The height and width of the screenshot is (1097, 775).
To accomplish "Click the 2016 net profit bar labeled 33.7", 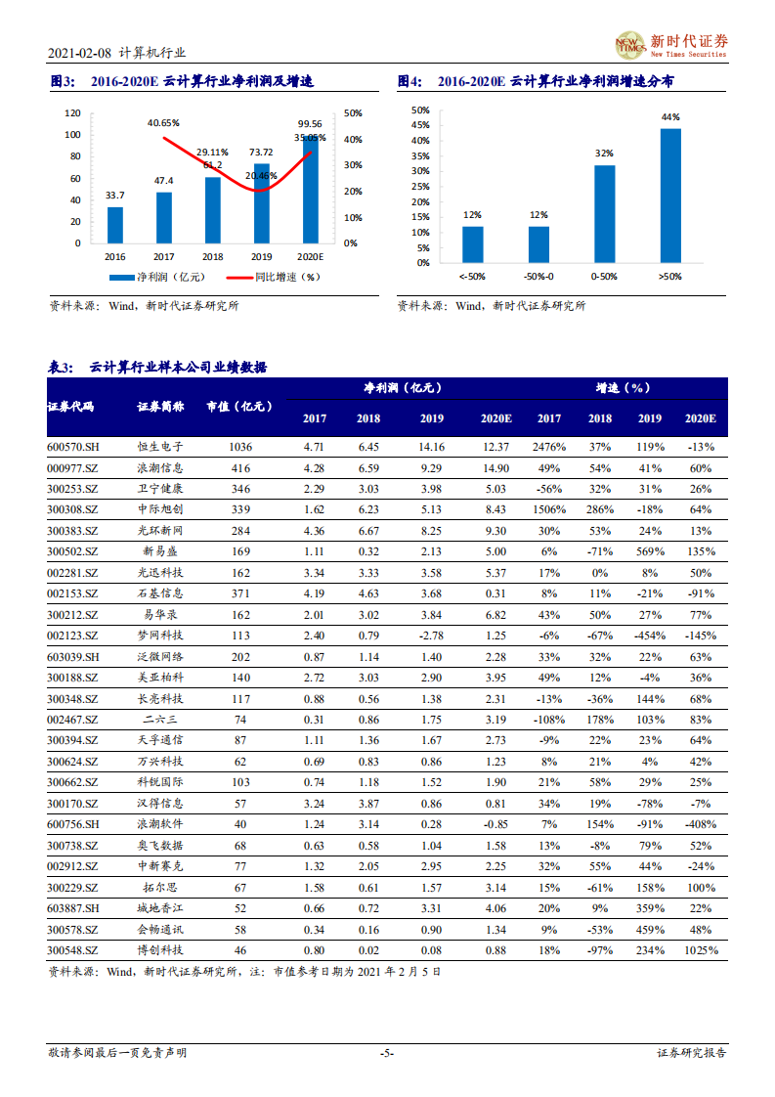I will tap(115, 225).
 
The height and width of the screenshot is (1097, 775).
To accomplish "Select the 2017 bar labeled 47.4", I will tap(164, 217).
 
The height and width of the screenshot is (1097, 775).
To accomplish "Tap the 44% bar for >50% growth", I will tap(670, 196).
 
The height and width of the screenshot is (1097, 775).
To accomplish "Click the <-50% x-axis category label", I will tap(472, 278).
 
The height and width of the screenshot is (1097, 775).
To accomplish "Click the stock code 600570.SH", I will tap(73, 447).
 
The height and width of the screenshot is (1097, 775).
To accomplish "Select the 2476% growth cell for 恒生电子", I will tap(549, 447).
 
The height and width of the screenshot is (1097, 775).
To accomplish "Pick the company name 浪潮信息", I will tap(160, 468).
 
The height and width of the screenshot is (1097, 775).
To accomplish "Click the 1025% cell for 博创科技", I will tap(701, 950).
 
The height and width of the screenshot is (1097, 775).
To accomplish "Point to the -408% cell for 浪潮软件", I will tap(701, 824).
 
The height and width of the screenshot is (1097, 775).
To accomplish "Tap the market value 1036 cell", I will tap(240, 447).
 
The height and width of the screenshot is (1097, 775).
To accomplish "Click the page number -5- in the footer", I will tap(387, 1053).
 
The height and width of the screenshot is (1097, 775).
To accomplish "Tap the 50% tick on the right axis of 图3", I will tap(354, 113).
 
